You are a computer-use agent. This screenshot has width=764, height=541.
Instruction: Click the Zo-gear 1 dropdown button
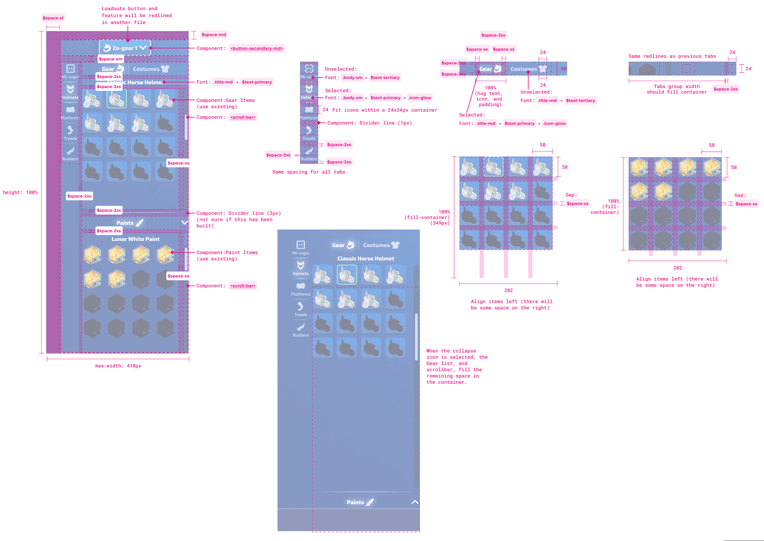(125, 48)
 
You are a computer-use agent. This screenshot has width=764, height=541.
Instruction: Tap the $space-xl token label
(53, 18)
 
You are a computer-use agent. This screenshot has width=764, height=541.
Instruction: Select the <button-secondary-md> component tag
(257, 48)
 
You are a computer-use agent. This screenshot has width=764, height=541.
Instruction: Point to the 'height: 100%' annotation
(20, 192)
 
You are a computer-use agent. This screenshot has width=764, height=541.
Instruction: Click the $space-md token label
(214, 35)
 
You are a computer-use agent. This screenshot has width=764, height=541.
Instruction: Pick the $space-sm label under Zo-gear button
(111, 59)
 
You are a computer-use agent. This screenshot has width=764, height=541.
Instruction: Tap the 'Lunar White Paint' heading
(135, 239)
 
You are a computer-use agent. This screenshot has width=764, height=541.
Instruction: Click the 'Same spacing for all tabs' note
(308, 172)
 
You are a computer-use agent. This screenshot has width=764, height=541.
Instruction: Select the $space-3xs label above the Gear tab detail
(493, 35)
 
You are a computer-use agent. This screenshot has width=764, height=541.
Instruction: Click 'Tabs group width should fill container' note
(676, 89)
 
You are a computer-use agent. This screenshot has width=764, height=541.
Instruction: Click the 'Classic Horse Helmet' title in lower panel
(366, 258)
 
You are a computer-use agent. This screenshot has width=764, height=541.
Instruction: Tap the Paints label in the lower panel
(355, 502)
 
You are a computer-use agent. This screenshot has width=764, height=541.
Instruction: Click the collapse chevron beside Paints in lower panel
(415, 502)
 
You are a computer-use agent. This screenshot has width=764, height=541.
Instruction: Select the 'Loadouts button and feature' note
(137, 15)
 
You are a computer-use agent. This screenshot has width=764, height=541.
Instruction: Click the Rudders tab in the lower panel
(300, 330)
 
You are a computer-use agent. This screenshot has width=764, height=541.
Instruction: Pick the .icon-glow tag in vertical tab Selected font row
(419, 98)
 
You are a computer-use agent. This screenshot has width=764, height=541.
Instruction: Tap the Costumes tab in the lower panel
(381, 245)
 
